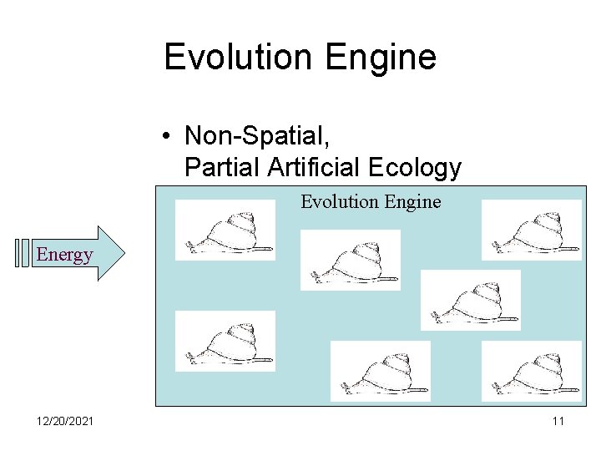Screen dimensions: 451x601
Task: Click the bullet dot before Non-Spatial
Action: click(x=168, y=134)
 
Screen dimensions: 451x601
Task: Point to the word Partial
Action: click(x=223, y=168)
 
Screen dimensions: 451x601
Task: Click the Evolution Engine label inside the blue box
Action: click(x=371, y=201)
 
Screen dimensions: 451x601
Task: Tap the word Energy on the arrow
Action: click(x=64, y=254)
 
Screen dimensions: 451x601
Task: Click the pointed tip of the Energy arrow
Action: click(x=123, y=252)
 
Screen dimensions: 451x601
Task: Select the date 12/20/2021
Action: click(x=66, y=421)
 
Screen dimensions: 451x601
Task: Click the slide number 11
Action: click(x=558, y=421)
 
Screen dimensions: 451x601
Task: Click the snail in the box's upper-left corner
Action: click(x=225, y=231)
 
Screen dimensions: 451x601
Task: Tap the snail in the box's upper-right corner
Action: click(x=532, y=231)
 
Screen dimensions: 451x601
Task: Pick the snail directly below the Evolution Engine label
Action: click(x=351, y=260)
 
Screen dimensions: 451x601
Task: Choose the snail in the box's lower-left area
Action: click(x=225, y=341)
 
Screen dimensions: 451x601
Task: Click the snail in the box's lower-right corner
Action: click(x=532, y=371)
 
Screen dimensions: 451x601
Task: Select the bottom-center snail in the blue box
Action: click(x=381, y=371)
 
